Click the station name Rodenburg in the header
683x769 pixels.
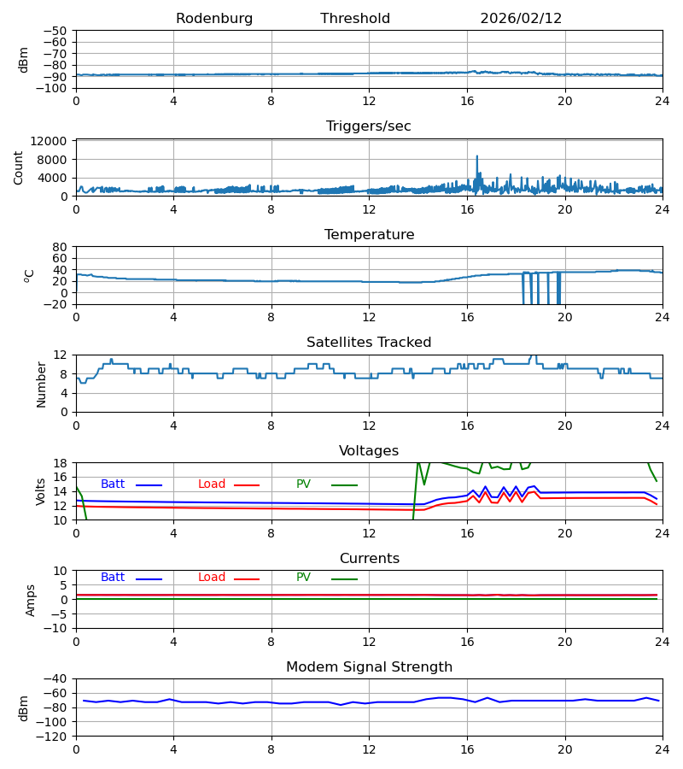pos(214,19)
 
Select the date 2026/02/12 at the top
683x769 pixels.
pos(521,19)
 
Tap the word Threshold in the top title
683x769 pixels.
pos(355,19)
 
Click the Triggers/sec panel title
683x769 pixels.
pos(369,126)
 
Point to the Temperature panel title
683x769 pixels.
pos(369,235)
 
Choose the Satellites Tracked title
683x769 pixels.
pos(369,343)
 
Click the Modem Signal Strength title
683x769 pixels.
pos(369,667)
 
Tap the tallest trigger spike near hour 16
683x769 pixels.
pos(477,157)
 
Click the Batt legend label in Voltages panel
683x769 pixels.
pos(113,484)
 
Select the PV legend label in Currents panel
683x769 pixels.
pos(303,578)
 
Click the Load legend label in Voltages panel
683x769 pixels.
pos(212,484)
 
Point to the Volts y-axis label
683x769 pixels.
pos(41,491)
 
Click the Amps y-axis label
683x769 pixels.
pos(32,600)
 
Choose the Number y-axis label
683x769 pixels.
pos(41,384)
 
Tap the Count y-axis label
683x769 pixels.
pos(19,167)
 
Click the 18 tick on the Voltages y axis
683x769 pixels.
pos(60,463)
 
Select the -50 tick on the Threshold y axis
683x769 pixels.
pos(55,31)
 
